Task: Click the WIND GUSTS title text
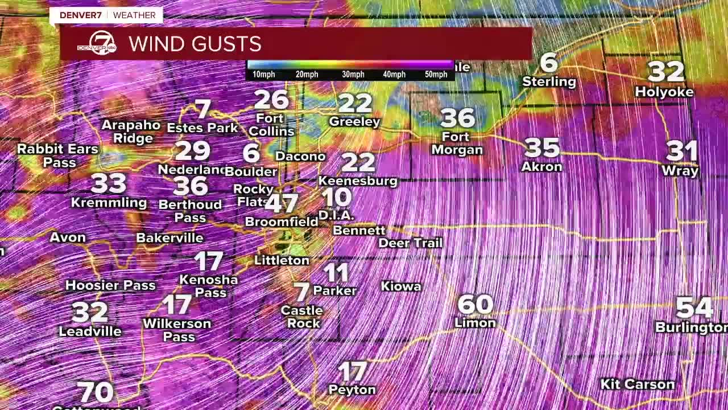point(195,44)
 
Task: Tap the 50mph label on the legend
point(436,75)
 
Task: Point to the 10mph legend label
point(263,75)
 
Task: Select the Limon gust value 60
point(475,305)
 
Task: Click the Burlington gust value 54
point(694,308)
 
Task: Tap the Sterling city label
point(549,82)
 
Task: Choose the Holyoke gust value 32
point(665,72)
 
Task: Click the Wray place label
point(680,170)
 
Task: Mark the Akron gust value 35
point(542,148)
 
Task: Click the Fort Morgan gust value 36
point(457,118)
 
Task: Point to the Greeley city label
point(354,122)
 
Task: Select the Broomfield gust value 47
point(282,203)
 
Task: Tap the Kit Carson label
point(637,384)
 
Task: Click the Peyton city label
point(352,390)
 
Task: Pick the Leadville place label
point(90,331)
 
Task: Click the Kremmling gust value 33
point(108,184)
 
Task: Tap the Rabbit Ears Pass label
point(57,155)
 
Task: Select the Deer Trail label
point(410,243)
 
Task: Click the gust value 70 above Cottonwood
point(95,392)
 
